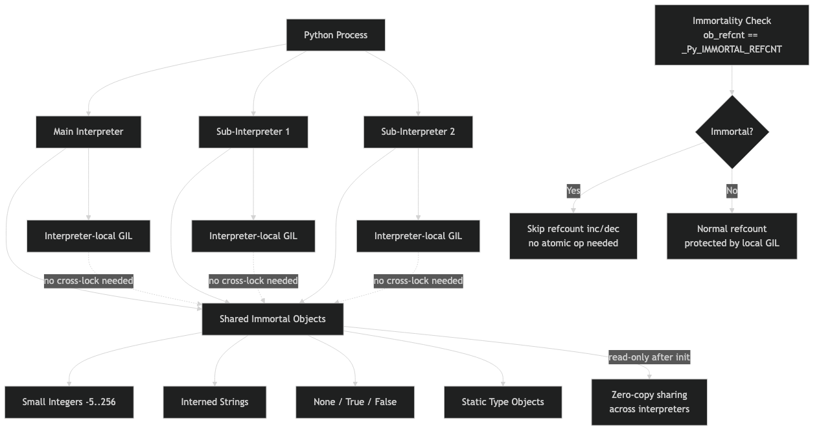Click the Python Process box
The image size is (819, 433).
336,35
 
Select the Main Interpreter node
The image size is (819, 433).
88,132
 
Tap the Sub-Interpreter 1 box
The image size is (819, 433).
253,132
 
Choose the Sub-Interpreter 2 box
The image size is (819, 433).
418,132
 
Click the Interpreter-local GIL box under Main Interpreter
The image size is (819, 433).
88,236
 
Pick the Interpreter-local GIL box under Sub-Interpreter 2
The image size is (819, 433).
418,236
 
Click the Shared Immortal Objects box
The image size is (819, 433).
272,319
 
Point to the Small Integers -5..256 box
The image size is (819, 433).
69,402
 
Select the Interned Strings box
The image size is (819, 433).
214,402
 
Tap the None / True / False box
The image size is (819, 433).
355,402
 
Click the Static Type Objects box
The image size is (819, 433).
503,402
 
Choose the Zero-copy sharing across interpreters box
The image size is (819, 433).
649,402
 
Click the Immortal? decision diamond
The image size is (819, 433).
732,132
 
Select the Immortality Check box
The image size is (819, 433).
732,35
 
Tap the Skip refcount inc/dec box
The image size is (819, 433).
573,236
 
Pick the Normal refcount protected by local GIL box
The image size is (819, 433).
732,236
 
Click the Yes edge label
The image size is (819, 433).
573,191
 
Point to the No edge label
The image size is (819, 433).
732,191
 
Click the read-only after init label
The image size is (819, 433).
649,357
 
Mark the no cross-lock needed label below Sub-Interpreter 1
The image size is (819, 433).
253,281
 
